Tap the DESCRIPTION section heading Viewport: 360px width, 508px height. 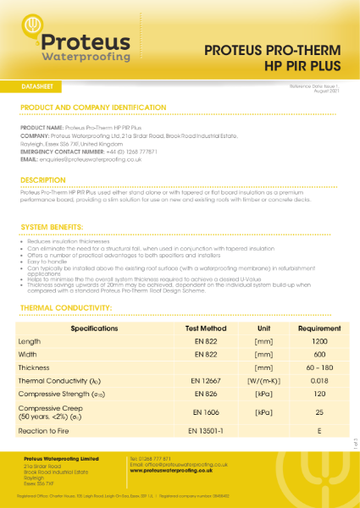[x=43, y=180]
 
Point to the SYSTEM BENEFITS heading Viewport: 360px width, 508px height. [x=52, y=228]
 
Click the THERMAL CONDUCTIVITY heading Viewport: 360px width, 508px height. [x=69, y=308]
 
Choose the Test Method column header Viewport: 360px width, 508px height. [x=206, y=328]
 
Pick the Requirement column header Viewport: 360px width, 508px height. [x=319, y=328]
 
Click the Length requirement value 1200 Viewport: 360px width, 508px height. [x=319, y=341]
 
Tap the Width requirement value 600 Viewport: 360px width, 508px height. [x=319, y=354]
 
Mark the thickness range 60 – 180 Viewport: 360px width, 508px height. [x=319, y=367]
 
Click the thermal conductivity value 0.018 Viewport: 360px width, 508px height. [x=319, y=381]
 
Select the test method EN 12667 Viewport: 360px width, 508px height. [x=206, y=381]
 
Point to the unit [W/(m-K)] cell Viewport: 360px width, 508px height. [x=263, y=381]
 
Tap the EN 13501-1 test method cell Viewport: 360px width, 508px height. [x=206, y=431]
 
